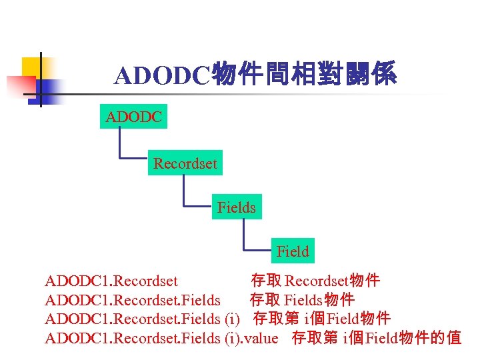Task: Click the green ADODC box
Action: point(133,117)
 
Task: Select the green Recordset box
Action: point(185,163)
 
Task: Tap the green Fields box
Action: point(236,207)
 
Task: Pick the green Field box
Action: point(293,251)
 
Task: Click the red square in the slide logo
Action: point(20,85)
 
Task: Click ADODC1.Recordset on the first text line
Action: point(111,281)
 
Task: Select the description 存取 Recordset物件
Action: point(315,281)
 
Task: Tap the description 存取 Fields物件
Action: point(302,300)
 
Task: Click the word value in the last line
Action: point(261,338)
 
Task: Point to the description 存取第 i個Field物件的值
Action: point(377,338)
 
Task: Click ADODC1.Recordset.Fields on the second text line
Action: point(133,300)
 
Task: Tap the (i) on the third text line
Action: point(233,319)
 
